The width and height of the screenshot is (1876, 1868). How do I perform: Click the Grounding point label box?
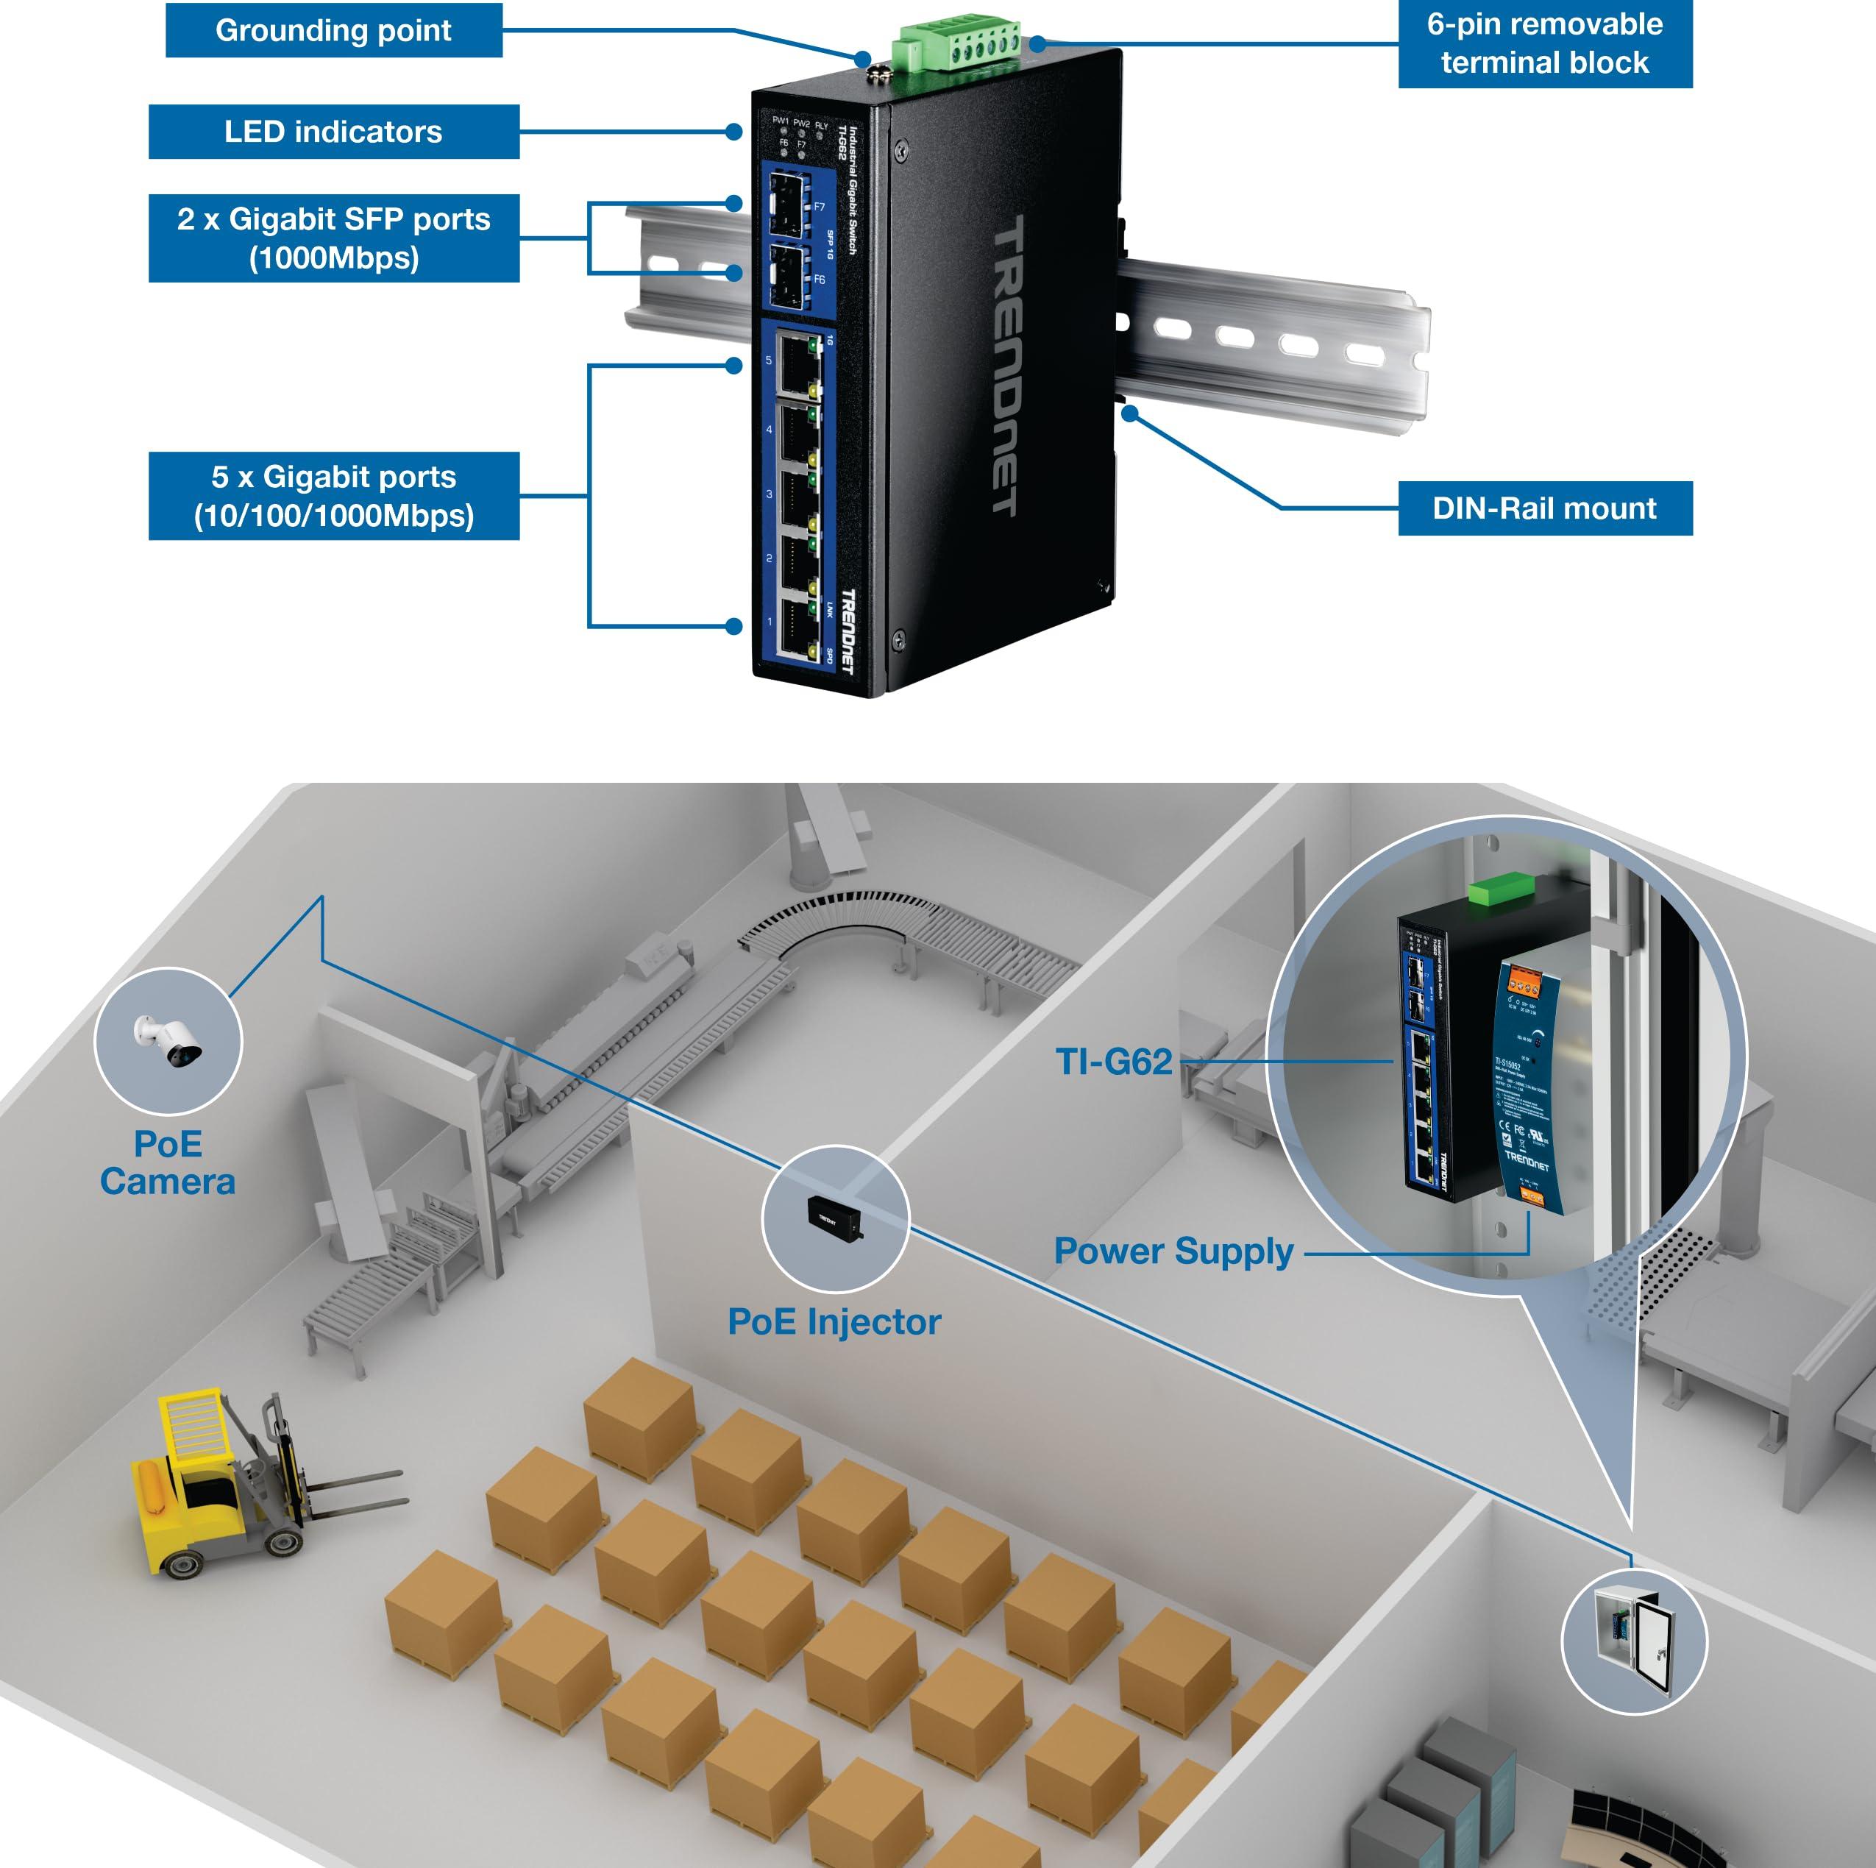pyautogui.click(x=333, y=30)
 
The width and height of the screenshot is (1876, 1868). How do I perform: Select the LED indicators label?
pyautogui.click(x=333, y=132)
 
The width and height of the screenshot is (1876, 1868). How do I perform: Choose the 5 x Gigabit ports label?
pyautogui.click(x=333, y=495)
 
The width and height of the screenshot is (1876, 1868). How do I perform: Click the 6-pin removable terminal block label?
pyautogui.click(x=1544, y=43)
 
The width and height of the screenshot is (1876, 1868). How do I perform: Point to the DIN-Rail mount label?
pyautogui.click(x=1544, y=508)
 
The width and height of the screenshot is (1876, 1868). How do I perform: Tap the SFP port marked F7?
pyautogui.click(x=789, y=206)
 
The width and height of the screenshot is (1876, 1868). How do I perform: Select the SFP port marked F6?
pyautogui.click(x=789, y=277)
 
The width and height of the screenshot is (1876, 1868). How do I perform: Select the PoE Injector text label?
pyautogui.click(x=834, y=1321)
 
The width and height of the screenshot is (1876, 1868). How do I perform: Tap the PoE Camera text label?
pyautogui.click(x=168, y=1162)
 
